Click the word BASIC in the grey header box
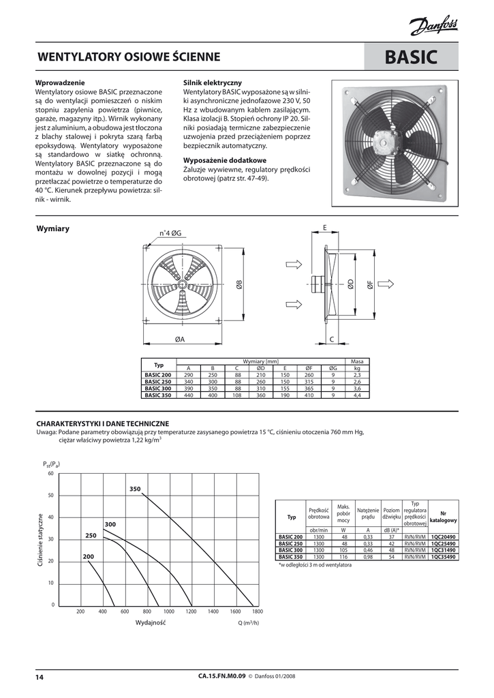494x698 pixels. click(x=411, y=58)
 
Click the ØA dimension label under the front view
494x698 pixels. click(x=180, y=339)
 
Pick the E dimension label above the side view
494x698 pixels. click(x=325, y=227)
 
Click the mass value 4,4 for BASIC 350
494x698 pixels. click(x=356, y=395)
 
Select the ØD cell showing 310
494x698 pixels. click(x=260, y=388)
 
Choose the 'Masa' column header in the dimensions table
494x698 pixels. click(x=356, y=361)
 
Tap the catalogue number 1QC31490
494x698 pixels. click(x=444, y=549)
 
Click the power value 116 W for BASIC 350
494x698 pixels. click(x=343, y=557)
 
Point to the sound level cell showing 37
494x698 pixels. click(x=392, y=536)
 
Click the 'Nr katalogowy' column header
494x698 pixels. click(x=444, y=516)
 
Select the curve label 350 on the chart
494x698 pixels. click(x=135, y=489)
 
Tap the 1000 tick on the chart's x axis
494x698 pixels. click(x=169, y=612)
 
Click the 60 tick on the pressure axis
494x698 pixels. click(x=50, y=473)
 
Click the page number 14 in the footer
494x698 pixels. click(x=40, y=677)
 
